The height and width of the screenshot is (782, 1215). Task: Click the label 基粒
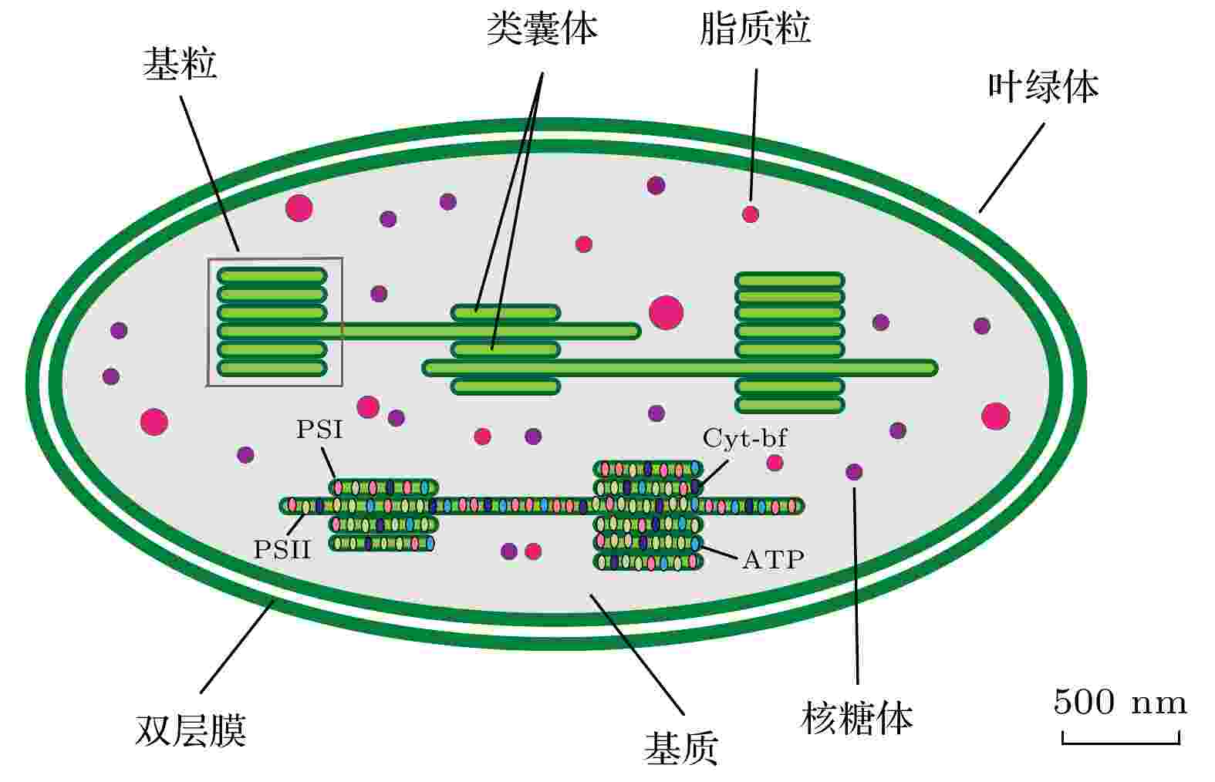click(x=180, y=63)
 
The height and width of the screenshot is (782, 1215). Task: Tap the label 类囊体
click(x=542, y=29)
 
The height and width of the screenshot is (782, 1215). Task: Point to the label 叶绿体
click(x=1043, y=86)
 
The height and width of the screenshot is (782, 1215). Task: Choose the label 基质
click(x=681, y=748)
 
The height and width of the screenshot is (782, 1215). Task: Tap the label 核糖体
click(x=857, y=718)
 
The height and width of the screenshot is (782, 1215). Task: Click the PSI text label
click(x=319, y=430)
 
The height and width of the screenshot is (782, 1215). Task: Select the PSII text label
click(x=282, y=550)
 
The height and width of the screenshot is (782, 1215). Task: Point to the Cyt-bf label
click(x=744, y=437)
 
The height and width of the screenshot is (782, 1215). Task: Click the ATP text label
click(x=774, y=560)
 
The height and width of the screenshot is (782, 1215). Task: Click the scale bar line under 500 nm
click(x=1121, y=743)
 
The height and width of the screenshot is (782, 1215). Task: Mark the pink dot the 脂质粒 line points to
click(x=750, y=214)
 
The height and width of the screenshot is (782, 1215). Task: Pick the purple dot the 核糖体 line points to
click(x=854, y=472)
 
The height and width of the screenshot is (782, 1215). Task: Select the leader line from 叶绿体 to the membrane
click(x=1011, y=167)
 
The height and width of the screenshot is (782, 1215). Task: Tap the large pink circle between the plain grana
click(x=666, y=312)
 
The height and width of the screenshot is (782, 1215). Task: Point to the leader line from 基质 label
click(x=636, y=655)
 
